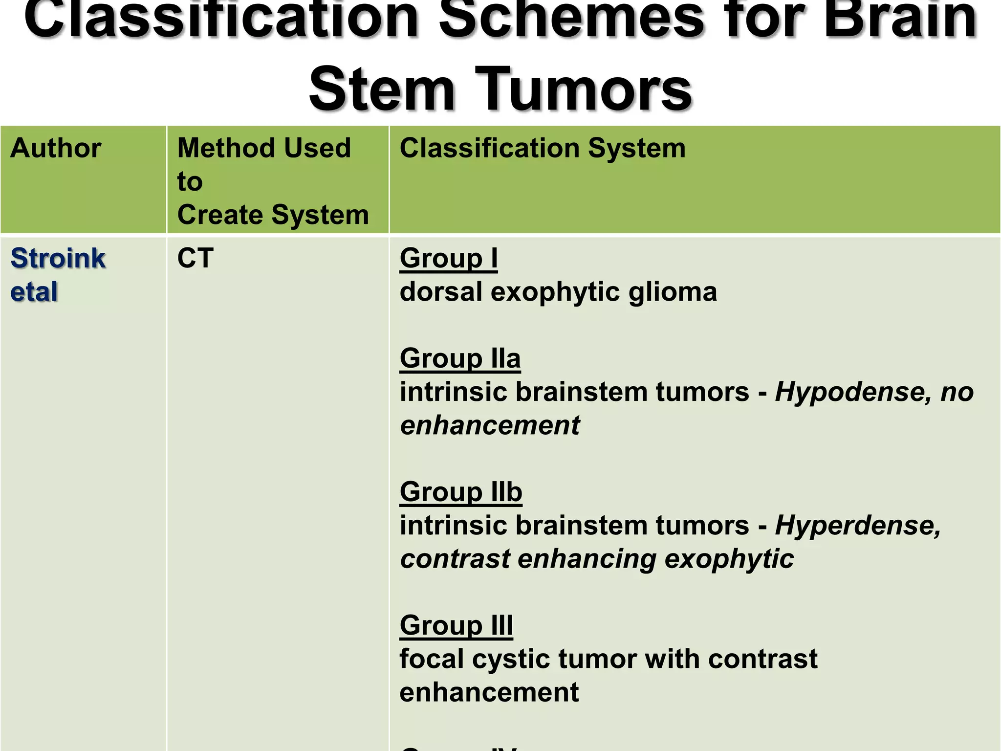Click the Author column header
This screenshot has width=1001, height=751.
(x=56, y=148)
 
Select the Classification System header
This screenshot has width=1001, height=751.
(x=543, y=148)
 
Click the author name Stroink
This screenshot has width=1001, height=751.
(x=58, y=258)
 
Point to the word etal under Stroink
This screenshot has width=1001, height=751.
(x=34, y=292)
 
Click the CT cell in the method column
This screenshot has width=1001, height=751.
(x=196, y=258)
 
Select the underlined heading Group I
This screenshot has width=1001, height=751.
(x=448, y=258)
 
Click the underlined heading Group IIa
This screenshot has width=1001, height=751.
(x=460, y=358)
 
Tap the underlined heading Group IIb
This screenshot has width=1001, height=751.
(x=461, y=492)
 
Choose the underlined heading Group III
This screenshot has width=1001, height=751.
(x=456, y=625)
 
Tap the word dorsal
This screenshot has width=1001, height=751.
(x=441, y=292)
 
